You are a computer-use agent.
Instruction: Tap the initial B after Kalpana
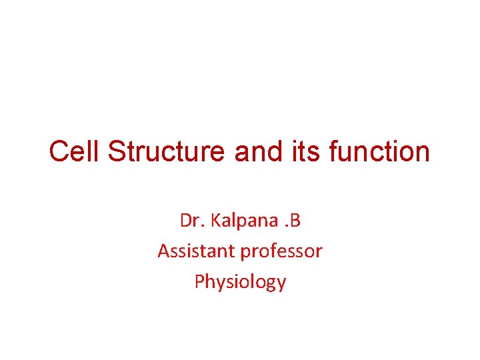pyautogui.click(x=294, y=221)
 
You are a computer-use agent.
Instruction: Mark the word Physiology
pyautogui.click(x=240, y=282)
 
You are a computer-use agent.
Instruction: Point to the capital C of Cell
pyautogui.click(x=59, y=152)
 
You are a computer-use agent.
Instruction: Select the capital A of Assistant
pyautogui.click(x=163, y=251)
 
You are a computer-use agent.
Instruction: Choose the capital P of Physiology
pyautogui.click(x=199, y=281)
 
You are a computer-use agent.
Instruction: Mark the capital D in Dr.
pyautogui.click(x=185, y=221)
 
